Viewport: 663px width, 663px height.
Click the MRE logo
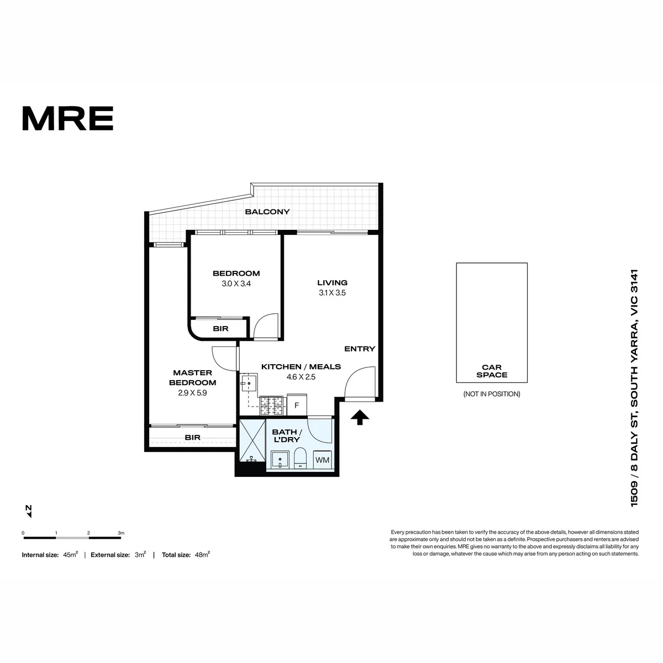coord(68,118)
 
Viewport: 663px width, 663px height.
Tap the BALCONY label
coord(267,212)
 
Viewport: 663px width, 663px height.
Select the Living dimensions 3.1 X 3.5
coord(332,293)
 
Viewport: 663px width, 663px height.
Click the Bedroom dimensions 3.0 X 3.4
coord(236,283)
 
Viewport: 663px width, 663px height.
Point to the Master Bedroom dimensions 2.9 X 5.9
coord(192,393)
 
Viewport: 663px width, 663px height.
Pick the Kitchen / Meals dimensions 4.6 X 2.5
coord(301,377)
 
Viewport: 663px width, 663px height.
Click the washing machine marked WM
coord(322,460)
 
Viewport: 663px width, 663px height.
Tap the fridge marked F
coord(297,405)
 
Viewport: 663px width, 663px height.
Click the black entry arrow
coord(360,417)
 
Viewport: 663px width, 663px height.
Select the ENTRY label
coord(360,349)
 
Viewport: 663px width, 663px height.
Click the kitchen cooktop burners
coord(271,406)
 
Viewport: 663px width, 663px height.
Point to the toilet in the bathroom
coord(301,458)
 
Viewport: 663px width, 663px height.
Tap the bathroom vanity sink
coord(281,460)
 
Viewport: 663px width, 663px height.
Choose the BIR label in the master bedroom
coord(192,437)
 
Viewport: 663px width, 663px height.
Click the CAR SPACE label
coord(492,371)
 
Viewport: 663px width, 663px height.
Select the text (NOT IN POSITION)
coord(492,394)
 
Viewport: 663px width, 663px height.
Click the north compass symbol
coord(29,511)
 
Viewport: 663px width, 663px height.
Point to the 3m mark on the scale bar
coord(121,533)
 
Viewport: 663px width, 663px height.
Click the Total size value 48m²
coord(202,555)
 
